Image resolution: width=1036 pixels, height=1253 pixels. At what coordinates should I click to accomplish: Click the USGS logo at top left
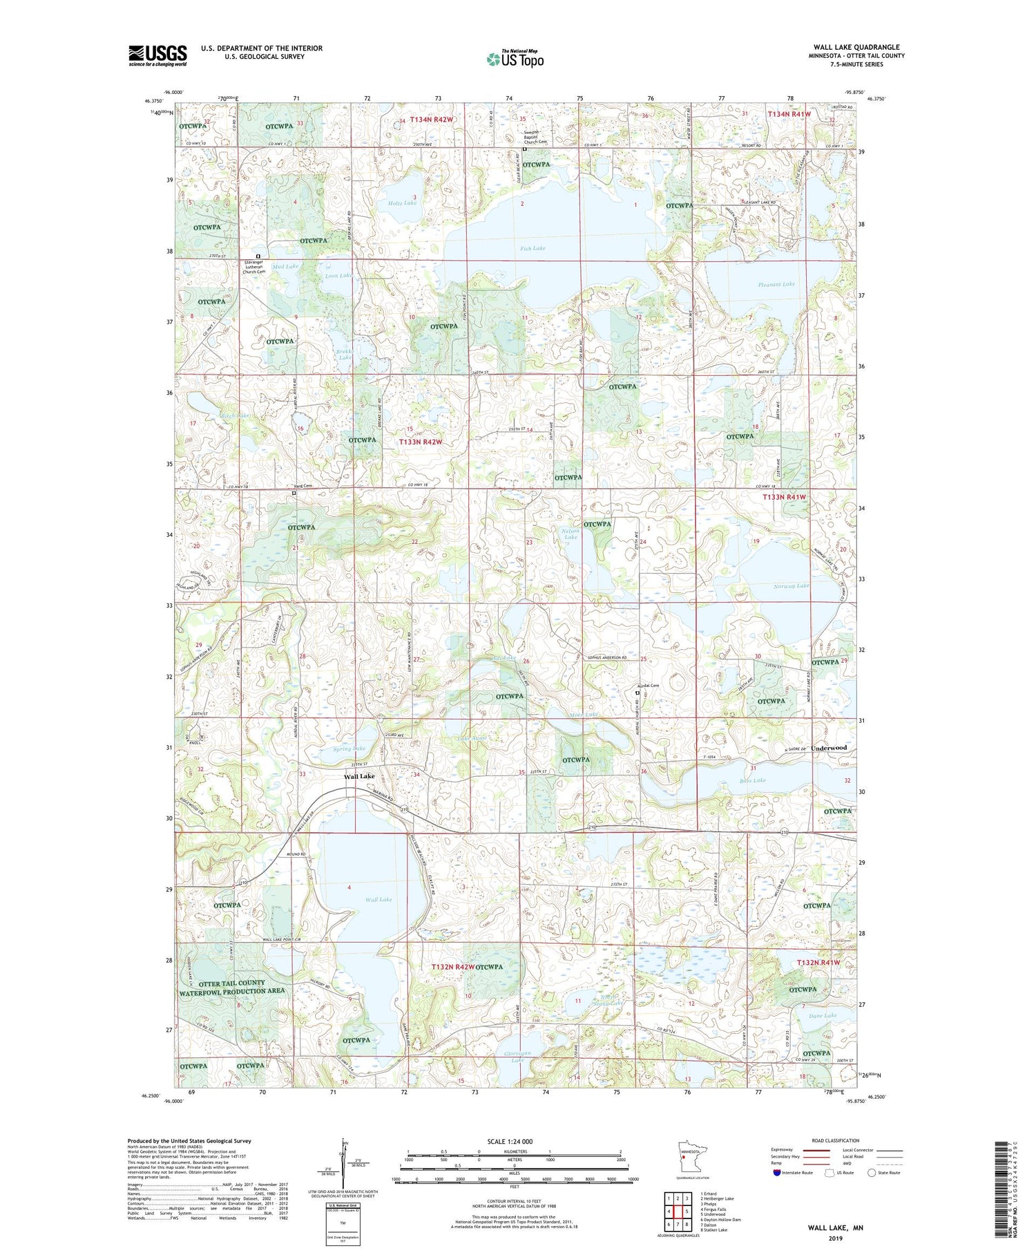click(157, 55)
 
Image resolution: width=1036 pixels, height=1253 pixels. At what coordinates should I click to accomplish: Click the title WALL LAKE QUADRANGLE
click(856, 48)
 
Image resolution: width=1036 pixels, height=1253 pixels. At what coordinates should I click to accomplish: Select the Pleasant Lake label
click(776, 284)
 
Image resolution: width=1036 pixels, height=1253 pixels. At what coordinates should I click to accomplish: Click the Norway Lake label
click(791, 585)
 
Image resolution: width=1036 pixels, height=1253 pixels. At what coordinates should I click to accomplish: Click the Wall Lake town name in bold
click(359, 776)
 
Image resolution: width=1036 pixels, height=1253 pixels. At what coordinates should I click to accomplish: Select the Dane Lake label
click(822, 1015)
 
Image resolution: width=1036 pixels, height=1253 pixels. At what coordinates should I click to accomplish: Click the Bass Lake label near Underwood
click(752, 780)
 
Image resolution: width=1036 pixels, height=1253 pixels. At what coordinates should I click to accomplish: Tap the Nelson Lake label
click(570, 534)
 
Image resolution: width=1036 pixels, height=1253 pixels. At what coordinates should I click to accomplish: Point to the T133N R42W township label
click(430, 441)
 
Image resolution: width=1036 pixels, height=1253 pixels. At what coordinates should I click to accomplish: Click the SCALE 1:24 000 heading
click(510, 1141)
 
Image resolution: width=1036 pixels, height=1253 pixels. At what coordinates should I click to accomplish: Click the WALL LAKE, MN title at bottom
click(836, 1227)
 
